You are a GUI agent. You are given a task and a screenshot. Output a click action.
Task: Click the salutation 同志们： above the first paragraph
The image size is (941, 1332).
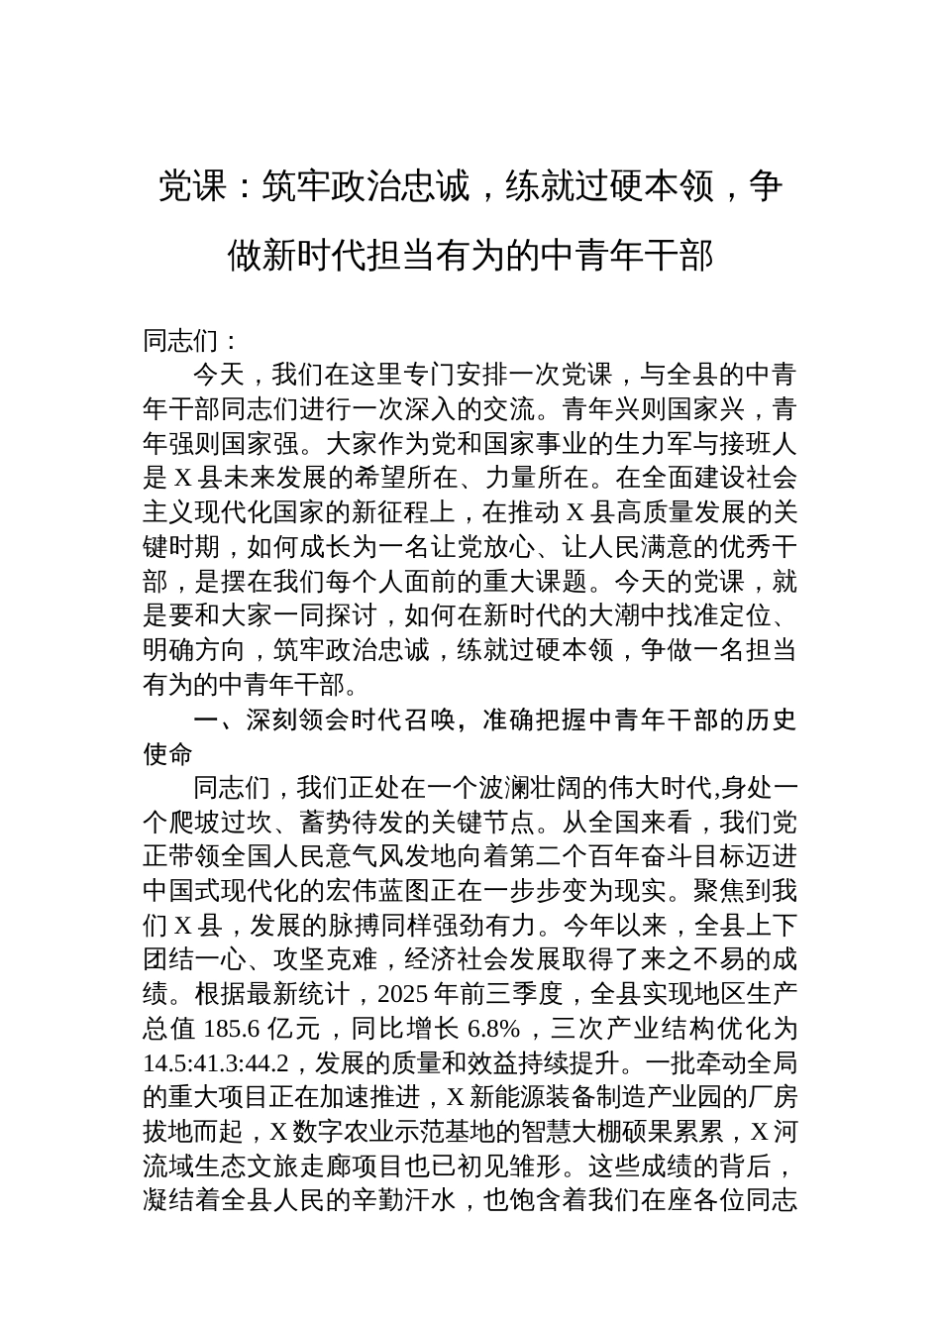(x=191, y=341)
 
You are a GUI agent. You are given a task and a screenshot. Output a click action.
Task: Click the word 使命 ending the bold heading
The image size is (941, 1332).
(x=168, y=753)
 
